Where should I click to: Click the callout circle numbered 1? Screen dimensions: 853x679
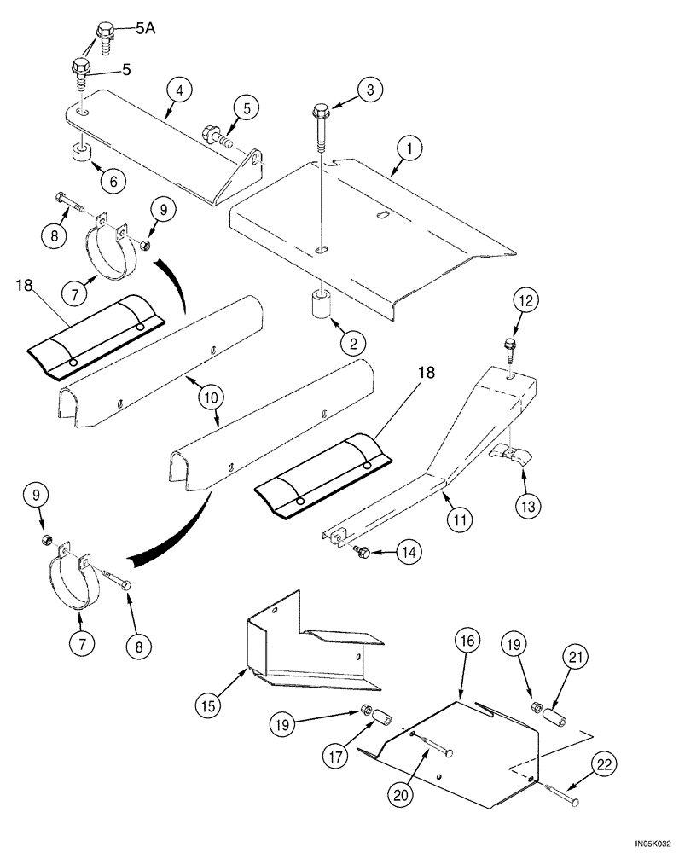[409, 151]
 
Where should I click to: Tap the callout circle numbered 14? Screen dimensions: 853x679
[406, 553]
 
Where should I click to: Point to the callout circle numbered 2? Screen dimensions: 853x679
[351, 343]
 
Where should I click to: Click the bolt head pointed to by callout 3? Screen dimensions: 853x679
[322, 111]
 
